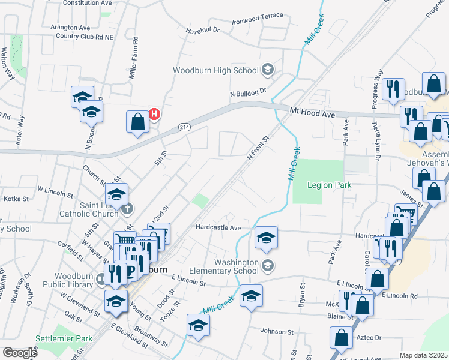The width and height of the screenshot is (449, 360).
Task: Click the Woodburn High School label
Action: coord(215,70)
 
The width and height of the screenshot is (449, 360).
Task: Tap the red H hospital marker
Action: coord(154,113)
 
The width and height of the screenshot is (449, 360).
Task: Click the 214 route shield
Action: coord(184,127)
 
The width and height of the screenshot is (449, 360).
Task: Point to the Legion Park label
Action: coord(329,185)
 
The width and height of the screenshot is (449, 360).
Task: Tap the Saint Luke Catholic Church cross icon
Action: coord(127,208)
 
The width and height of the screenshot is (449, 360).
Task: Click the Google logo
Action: coord(20,353)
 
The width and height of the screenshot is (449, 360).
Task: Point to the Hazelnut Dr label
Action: coord(203,29)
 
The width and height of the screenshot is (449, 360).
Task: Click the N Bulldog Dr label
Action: coord(247,93)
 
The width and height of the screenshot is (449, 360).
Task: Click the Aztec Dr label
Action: coord(369,338)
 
